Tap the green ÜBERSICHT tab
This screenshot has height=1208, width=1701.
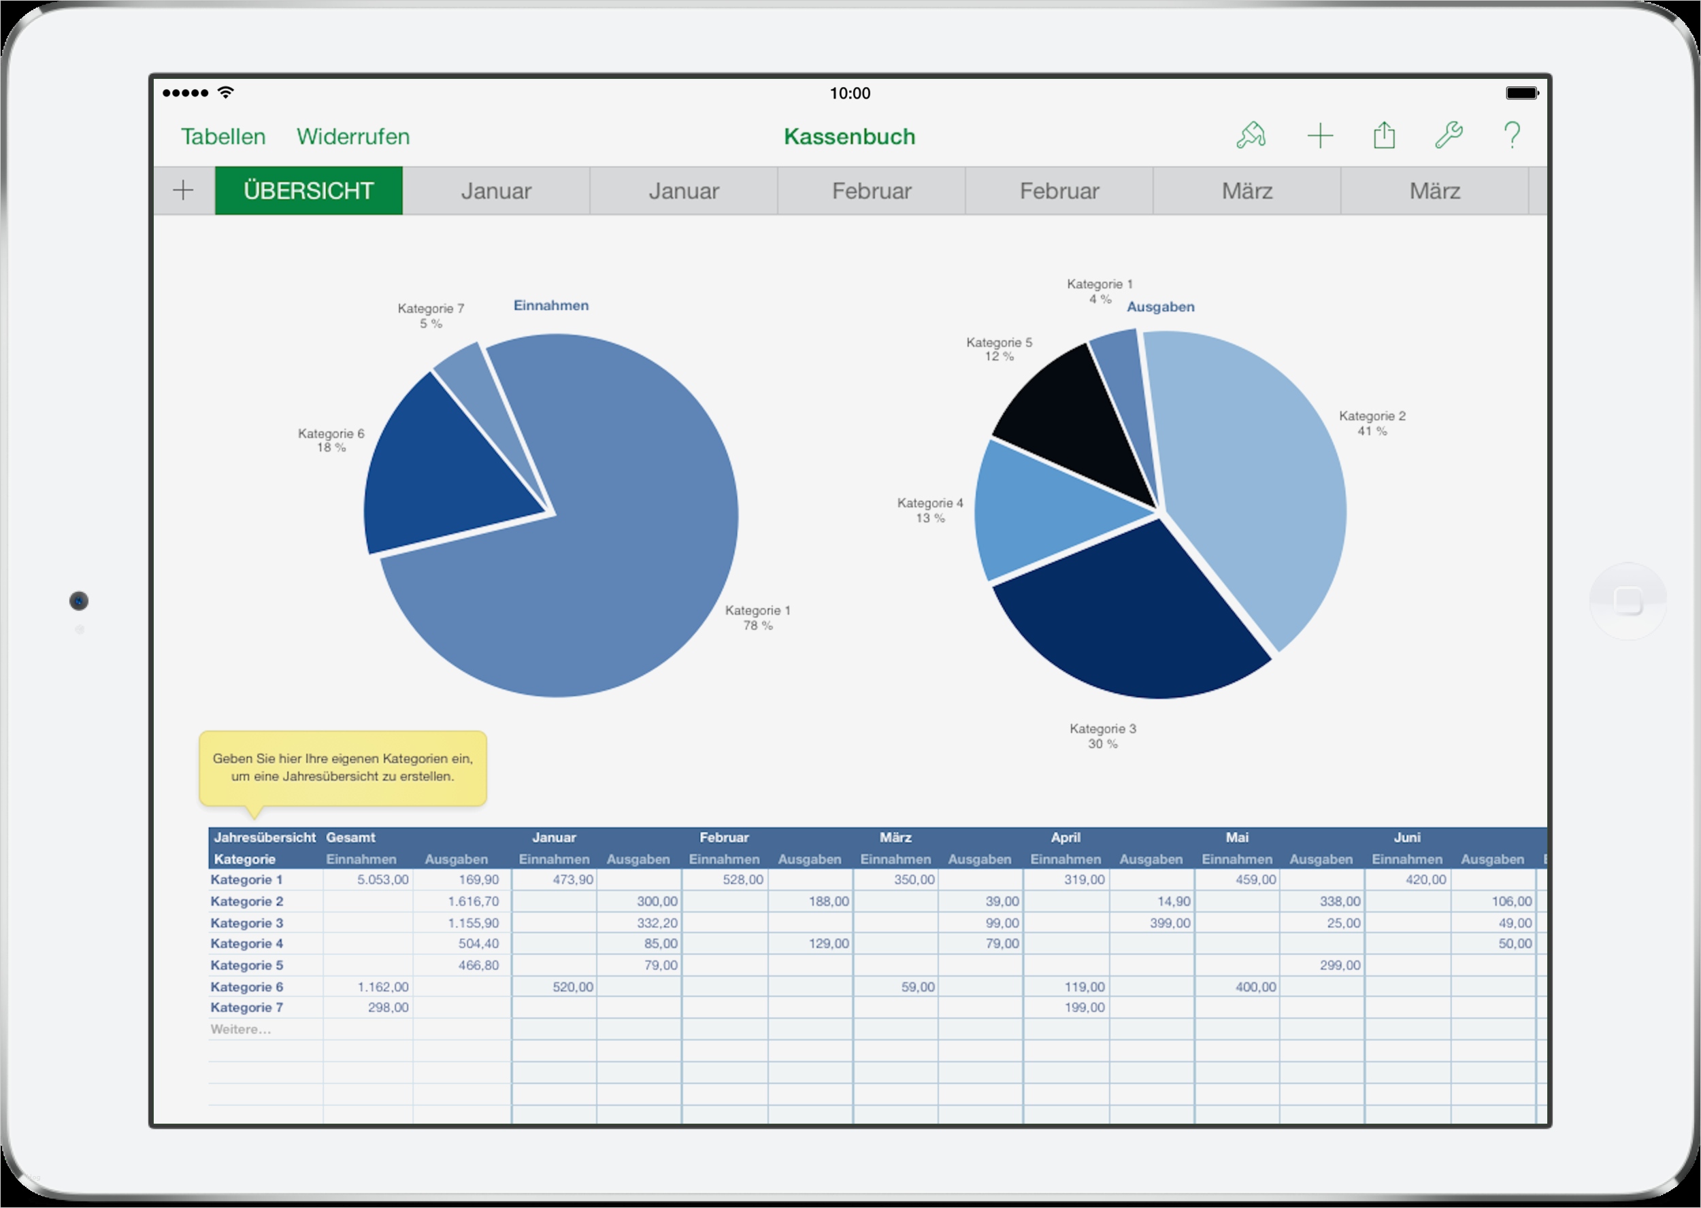click(x=308, y=191)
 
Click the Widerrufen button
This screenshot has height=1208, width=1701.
click(x=352, y=137)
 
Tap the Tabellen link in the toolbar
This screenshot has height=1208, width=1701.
click(x=223, y=137)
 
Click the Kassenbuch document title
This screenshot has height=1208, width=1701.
click(x=849, y=137)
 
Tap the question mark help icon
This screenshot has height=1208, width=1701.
click(x=1511, y=135)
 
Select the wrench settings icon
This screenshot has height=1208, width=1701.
click(x=1448, y=135)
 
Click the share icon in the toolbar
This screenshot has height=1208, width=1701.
click(x=1384, y=135)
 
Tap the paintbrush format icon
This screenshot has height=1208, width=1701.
click(x=1251, y=135)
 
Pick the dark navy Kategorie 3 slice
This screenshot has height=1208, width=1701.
click(x=1123, y=618)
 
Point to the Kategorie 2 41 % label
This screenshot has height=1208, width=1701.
click(x=1372, y=423)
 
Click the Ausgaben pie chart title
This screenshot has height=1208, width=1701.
click(x=1160, y=307)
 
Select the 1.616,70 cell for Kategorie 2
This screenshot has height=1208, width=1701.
click(x=462, y=901)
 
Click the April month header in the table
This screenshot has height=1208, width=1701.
click(x=1066, y=837)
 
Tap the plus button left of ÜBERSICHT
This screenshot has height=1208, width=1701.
click(x=183, y=191)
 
